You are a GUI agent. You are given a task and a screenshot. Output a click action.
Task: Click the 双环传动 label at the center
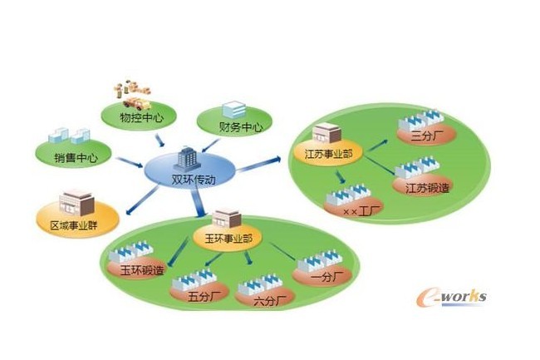point(190,180)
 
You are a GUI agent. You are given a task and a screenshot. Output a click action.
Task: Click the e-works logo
point(453,296)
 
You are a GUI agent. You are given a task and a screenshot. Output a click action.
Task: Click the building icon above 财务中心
point(234,108)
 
